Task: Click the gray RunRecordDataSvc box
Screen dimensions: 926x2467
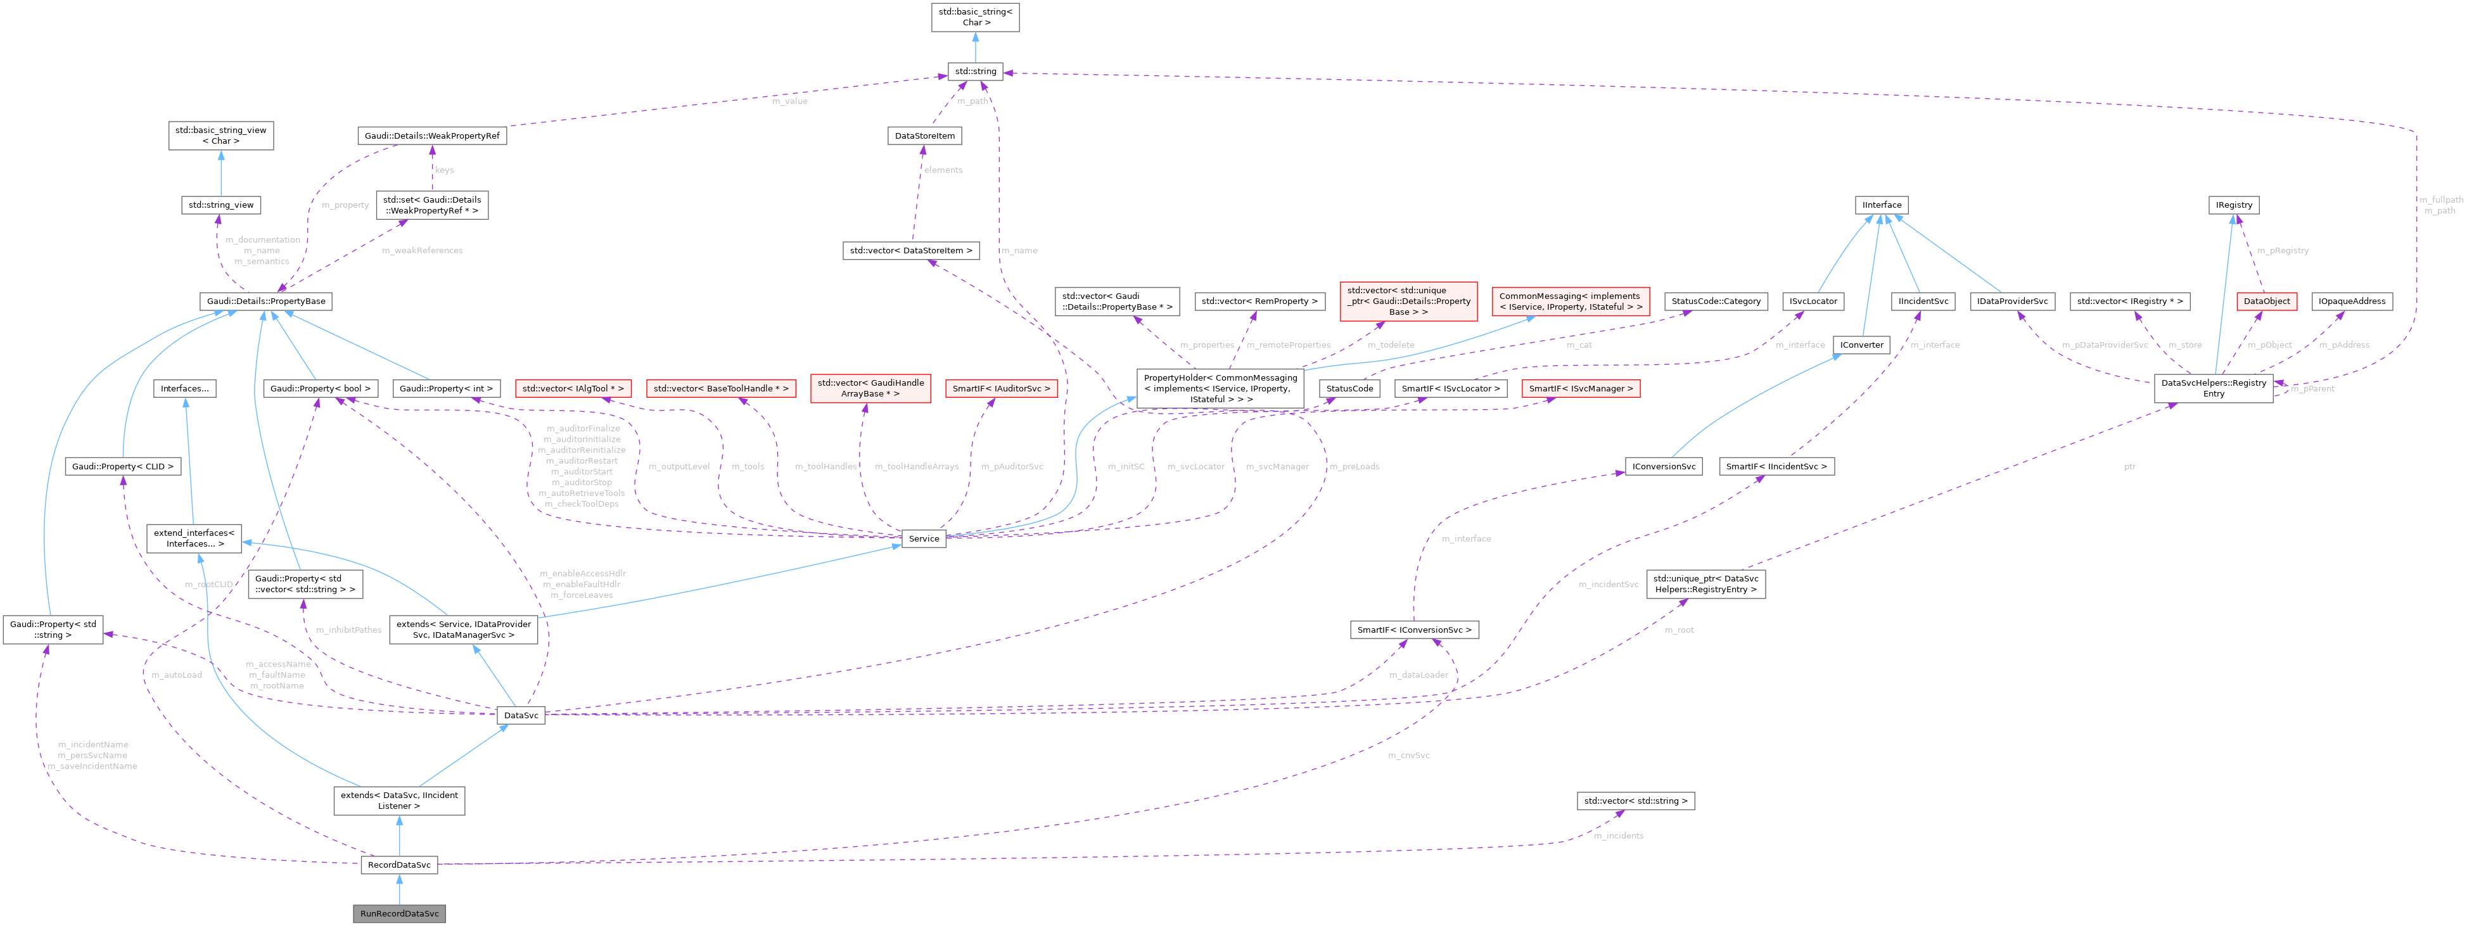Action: (x=399, y=913)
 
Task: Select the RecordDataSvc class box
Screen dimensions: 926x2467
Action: (x=399, y=865)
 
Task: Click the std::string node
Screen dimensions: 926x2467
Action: (x=975, y=71)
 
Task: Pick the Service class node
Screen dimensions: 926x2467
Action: (x=923, y=539)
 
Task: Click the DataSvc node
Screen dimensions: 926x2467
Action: (x=521, y=715)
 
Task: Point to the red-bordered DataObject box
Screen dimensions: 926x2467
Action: (x=2267, y=301)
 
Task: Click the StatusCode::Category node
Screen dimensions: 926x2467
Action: (x=1715, y=301)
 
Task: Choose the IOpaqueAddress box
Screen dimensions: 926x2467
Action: (x=2351, y=301)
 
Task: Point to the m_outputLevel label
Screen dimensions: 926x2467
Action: (x=679, y=466)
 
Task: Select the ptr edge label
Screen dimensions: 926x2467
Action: (x=2129, y=466)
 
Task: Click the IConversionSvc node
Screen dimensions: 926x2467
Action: (x=1664, y=466)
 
